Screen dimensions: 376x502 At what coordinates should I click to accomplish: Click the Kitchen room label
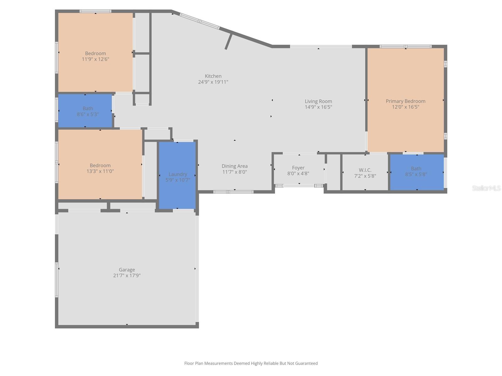pos(213,76)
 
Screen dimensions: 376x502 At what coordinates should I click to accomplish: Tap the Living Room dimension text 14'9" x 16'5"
pos(318,107)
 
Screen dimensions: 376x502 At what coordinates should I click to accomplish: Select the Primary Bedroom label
pos(405,101)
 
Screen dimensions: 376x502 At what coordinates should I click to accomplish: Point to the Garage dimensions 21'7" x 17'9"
pos(127,276)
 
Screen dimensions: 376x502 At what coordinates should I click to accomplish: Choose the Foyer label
pos(298,168)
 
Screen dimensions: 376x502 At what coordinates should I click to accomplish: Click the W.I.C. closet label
pos(365,170)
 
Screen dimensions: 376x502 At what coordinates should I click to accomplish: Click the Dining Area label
pos(234,166)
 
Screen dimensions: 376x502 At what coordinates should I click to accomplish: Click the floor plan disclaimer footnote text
pos(251,363)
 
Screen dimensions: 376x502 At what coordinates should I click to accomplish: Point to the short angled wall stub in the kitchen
pos(228,42)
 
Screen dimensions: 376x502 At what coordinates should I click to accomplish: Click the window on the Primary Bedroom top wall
pos(405,46)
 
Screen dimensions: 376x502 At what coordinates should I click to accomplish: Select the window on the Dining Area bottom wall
pos(233,192)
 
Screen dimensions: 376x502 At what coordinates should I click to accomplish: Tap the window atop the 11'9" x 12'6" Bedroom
pos(95,11)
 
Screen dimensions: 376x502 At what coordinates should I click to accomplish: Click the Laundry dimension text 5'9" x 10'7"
pos(178,180)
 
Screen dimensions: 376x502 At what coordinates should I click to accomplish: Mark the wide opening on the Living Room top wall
pos(321,46)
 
